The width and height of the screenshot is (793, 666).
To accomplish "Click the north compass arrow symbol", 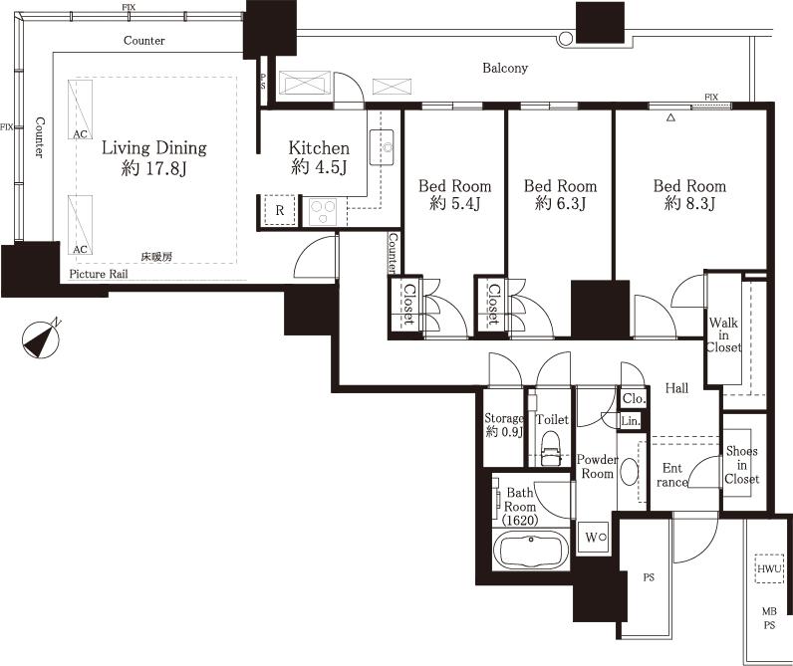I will [x=41, y=338].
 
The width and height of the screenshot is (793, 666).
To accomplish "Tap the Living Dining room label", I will [x=153, y=158].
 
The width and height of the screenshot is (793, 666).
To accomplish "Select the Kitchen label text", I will [x=319, y=157].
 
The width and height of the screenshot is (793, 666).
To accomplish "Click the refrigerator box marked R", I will [x=279, y=211].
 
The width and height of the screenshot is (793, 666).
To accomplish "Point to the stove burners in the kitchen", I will [x=324, y=210].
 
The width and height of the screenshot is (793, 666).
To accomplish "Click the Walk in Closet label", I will [x=724, y=334].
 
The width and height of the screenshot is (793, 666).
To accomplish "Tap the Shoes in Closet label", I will [x=741, y=465].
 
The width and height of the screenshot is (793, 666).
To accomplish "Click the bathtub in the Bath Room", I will [x=532, y=550].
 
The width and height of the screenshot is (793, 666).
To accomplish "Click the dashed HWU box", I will [x=769, y=568].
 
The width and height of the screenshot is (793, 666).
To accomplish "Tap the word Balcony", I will [x=505, y=69].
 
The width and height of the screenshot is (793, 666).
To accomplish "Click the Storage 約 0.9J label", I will [x=503, y=425].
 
